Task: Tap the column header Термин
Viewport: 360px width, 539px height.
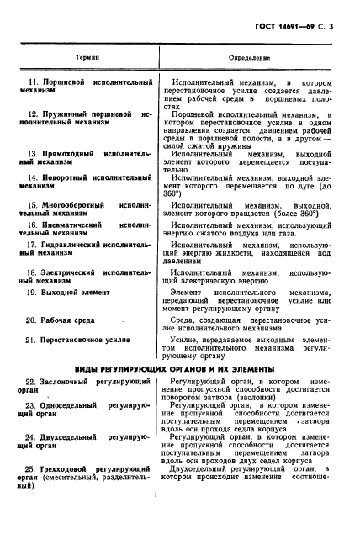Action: [x=85, y=57]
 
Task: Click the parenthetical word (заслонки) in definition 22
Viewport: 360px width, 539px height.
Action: [x=262, y=399]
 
